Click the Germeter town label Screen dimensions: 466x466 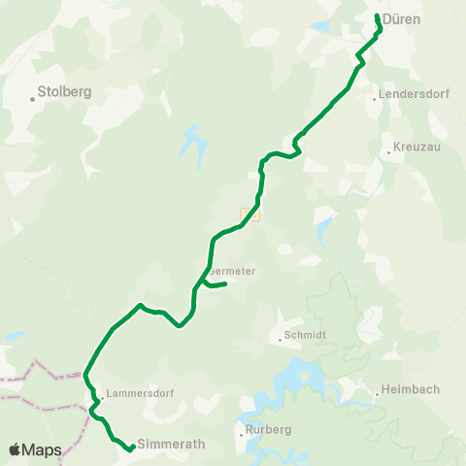click(233, 271)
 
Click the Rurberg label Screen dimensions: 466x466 click(269, 429)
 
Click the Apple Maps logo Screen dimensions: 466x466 click(35, 449)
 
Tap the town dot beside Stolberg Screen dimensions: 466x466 click(31, 99)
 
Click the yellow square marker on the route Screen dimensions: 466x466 click(250, 214)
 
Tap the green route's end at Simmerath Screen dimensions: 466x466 click(131, 449)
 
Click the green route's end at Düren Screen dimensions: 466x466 click(377, 16)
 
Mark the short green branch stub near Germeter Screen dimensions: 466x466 click(217, 284)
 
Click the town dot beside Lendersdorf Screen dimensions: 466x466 click(374, 98)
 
